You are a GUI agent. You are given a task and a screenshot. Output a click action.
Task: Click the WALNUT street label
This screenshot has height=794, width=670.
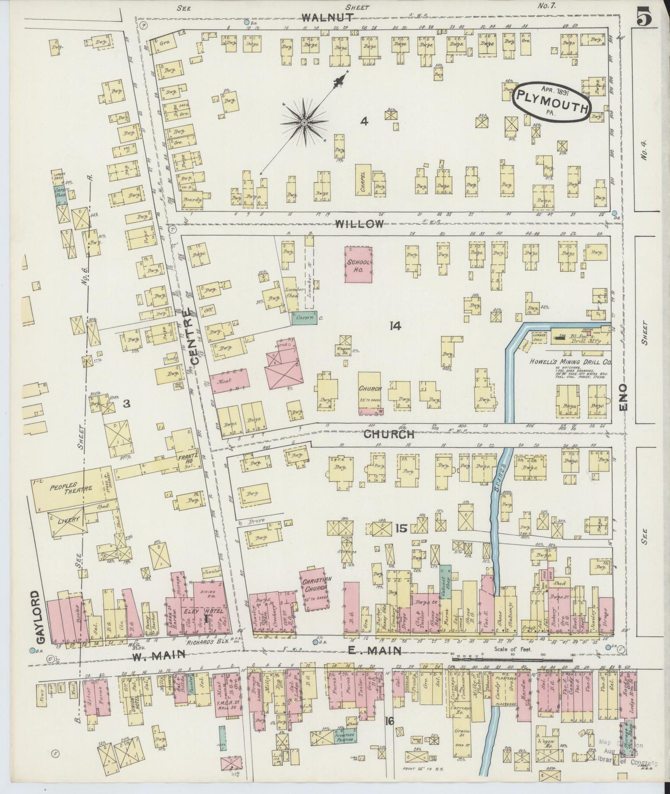(328, 18)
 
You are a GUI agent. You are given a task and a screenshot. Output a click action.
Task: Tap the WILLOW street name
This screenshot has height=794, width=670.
(359, 224)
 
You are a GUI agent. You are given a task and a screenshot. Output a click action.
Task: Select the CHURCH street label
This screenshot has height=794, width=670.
(389, 435)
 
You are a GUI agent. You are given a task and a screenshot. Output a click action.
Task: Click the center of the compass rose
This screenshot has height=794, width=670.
(304, 122)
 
